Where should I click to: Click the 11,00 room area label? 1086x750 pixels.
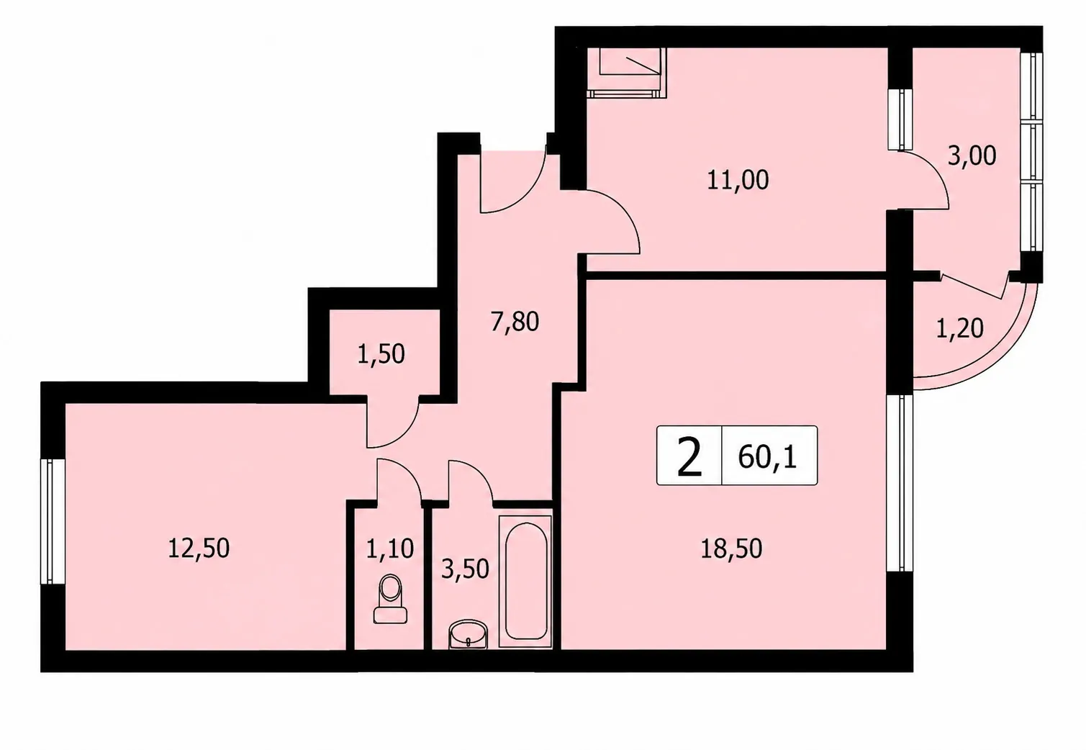pos(738,181)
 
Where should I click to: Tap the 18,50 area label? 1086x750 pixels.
pos(731,549)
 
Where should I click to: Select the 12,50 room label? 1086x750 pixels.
pos(199,548)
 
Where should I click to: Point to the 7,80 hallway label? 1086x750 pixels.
pos(515,322)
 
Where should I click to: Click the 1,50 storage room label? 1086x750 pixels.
pos(381,354)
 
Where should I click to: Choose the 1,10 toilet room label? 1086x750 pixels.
pos(389,549)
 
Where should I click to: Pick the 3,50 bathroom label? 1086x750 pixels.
pos(465,569)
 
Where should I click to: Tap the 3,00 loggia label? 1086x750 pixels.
pos(972,156)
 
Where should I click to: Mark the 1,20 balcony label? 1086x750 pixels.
pos(959,328)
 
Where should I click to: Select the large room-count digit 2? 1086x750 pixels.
pos(689,456)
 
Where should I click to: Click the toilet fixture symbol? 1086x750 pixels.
pos(390,599)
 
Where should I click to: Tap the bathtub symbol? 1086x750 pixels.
pos(525,581)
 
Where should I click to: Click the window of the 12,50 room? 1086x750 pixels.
pos(53,521)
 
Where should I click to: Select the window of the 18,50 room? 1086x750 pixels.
pos(900,483)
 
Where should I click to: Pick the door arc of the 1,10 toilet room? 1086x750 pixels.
pos(407,473)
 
